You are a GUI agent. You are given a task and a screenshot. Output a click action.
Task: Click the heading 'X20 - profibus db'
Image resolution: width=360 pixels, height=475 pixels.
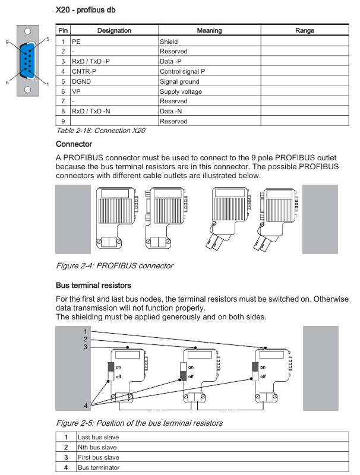(86, 10)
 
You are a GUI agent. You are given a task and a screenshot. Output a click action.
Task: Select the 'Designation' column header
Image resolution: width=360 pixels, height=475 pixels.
(114, 30)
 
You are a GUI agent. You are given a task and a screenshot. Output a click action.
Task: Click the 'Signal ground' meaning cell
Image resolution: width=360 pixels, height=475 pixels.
(179, 81)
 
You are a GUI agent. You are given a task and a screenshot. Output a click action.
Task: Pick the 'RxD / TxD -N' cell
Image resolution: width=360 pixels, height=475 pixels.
(91, 111)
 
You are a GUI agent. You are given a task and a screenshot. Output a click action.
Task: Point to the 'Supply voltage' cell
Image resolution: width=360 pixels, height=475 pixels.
(181, 91)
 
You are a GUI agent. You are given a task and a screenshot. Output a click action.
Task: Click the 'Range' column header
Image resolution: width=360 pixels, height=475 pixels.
(305, 30)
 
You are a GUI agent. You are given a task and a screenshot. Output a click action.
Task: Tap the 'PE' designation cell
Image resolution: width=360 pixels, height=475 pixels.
(76, 42)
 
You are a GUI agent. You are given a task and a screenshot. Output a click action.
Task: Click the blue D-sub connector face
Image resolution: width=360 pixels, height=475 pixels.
(28, 61)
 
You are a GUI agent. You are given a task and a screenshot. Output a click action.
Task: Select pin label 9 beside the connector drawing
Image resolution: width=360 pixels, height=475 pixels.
(7, 42)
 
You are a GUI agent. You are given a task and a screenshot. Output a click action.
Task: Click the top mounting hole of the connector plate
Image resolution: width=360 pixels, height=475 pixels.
(27, 31)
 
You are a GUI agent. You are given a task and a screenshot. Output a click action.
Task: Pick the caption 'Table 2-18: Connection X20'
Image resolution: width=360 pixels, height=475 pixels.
(100, 131)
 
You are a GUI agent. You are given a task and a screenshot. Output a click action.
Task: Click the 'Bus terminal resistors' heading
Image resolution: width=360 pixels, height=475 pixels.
(93, 286)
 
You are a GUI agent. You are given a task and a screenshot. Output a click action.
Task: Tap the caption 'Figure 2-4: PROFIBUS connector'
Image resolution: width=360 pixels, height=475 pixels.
(115, 265)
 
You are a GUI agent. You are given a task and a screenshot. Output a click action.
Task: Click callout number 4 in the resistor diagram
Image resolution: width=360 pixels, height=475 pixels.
(86, 406)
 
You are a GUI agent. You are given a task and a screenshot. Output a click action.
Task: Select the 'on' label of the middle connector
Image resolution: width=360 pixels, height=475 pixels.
(191, 368)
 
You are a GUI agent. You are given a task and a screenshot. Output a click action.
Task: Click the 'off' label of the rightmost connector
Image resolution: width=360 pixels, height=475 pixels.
(263, 376)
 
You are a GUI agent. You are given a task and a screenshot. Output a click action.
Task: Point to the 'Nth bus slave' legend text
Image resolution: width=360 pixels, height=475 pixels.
(97, 447)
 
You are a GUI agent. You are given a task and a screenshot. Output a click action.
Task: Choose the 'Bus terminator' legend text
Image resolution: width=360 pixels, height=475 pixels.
(99, 467)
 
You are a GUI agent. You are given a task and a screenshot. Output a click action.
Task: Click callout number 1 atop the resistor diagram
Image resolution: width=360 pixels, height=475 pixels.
(86, 331)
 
